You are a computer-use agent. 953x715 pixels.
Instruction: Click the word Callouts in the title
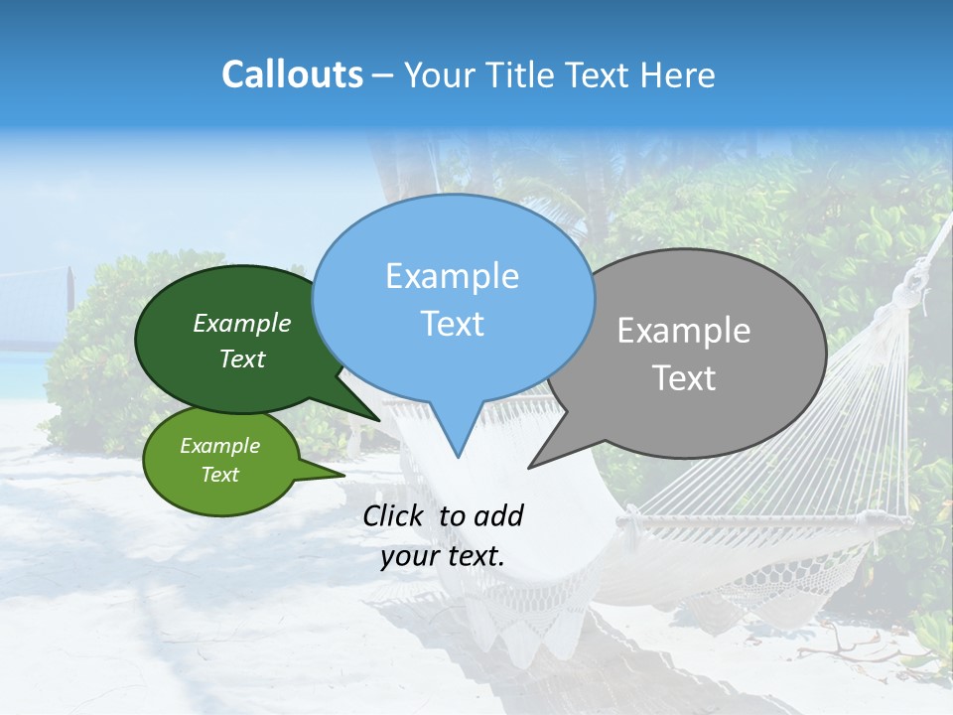tap(292, 74)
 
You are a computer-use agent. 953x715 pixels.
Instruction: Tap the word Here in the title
tap(679, 75)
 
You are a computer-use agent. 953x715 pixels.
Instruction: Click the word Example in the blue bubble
tap(452, 276)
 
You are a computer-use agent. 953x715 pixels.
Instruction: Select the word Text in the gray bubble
tap(684, 378)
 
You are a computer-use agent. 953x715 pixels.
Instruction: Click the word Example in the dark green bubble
tap(242, 323)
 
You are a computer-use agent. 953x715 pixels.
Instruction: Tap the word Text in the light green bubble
tap(219, 475)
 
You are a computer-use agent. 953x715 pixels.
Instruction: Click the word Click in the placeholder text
tap(394, 515)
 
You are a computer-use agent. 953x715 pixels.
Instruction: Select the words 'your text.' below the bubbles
tap(443, 556)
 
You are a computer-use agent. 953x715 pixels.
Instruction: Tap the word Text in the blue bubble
tap(452, 324)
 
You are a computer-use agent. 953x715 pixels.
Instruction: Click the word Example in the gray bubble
tap(684, 331)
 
